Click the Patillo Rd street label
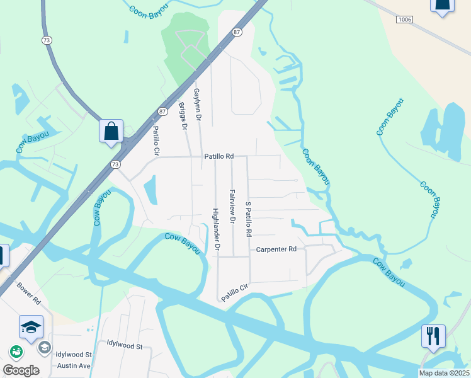pyautogui.click(x=218, y=156)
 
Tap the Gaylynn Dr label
pyautogui.click(x=197, y=104)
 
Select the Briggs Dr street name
pyautogui.click(x=183, y=117)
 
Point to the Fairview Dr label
pyautogui.click(x=232, y=207)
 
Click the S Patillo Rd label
pyautogui.click(x=248, y=219)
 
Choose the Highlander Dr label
pyautogui.click(x=215, y=230)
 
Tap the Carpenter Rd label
pyautogui.click(x=276, y=249)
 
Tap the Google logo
pyautogui.click(x=21, y=370)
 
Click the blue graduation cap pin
pyautogui.click(x=31, y=327)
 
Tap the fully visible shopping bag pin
pyautogui.click(x=111, y=132)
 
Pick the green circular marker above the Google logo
pyautogui.click(x=16, y=352)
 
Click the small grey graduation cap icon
pyautogui.click(x=44, y=347)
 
